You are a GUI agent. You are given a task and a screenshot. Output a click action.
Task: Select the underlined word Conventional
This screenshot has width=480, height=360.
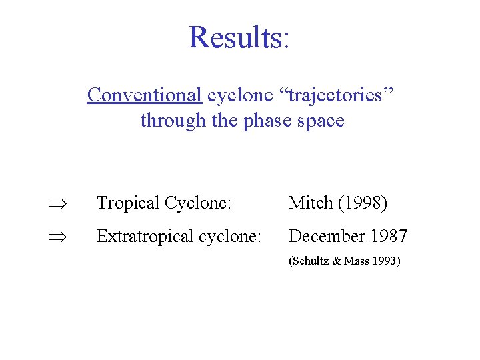click(x=144, y=95)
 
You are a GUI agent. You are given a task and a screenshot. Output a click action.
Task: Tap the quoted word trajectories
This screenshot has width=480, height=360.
click(x=334, y=95)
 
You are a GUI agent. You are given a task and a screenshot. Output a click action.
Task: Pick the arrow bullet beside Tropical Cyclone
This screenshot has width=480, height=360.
click(x=55, y=203)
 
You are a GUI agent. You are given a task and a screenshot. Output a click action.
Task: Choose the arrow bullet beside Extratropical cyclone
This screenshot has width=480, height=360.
click(x=55, y=237)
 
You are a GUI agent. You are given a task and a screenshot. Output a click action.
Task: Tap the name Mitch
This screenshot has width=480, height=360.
click(x=310, y=203)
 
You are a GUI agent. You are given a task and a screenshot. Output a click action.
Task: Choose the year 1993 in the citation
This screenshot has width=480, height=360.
click(x=385, y=261)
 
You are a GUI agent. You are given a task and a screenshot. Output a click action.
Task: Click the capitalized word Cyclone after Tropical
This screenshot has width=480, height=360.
click(x=197, y=203)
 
